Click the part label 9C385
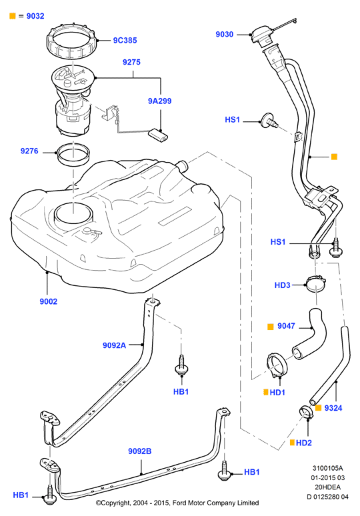pos(125,41)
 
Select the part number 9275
pos(131,62)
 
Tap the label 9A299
pos(159,101)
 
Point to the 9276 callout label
pos(29,151)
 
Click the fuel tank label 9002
pos(49,301)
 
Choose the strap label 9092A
pos(114,345)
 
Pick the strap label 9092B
pos(140,451)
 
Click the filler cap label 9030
pos(225,34)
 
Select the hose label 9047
pos(286,326)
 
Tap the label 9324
pos(333,408)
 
